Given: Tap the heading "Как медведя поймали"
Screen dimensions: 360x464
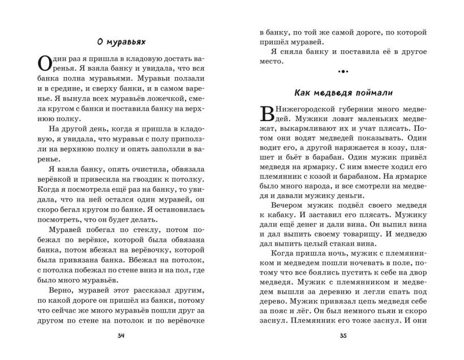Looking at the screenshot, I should pyautogui.click(x=343, y=92).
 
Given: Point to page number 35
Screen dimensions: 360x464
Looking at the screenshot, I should pyautogui.click(x=343, y=337).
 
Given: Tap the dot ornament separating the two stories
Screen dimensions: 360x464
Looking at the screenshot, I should pyautogui.click(x=343, y=72).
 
